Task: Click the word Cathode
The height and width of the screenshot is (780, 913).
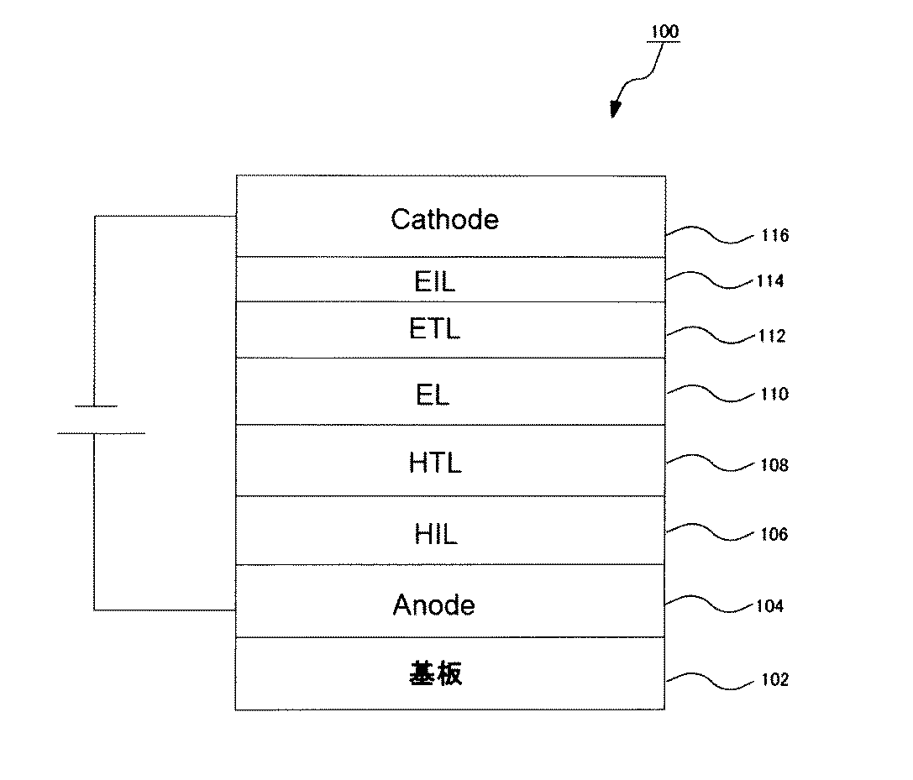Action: [x=444, y=219]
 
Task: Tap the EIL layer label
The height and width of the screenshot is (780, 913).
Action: [x=435, y=281]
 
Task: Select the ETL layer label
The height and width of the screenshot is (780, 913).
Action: [x=435, y=328]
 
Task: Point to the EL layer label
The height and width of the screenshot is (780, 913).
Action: [x=433, y=395]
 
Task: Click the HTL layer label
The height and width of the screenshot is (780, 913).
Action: [x=435, y=463]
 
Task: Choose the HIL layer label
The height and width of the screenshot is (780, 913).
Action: [x=435, y=534]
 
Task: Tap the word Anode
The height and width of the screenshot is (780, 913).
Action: [x=433, y=605]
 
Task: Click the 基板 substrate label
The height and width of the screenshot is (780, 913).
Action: [x=436, y=673]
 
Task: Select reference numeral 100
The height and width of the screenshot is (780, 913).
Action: [x=663, y=33]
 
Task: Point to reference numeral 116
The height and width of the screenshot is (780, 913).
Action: [x=774, y=236]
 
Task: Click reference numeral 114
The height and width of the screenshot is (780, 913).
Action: [x=769, y=281]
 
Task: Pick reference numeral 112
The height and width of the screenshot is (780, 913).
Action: [x=770, y=337]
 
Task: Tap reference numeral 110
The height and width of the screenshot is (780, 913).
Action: [x=774, y=394]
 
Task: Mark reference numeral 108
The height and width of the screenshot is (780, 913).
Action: [x=774, y=464]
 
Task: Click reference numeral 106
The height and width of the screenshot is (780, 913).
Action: [x=773, y=534]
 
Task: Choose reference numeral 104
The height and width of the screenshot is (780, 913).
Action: [x=769, y=605]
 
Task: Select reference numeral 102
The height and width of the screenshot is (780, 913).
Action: [x=774, y=679]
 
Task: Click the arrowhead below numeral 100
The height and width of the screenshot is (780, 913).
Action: [x=616, y=109]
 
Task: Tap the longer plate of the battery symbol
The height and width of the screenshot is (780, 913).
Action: [x=101, y=433]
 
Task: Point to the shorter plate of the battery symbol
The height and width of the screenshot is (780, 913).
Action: [x=94, y=406]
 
